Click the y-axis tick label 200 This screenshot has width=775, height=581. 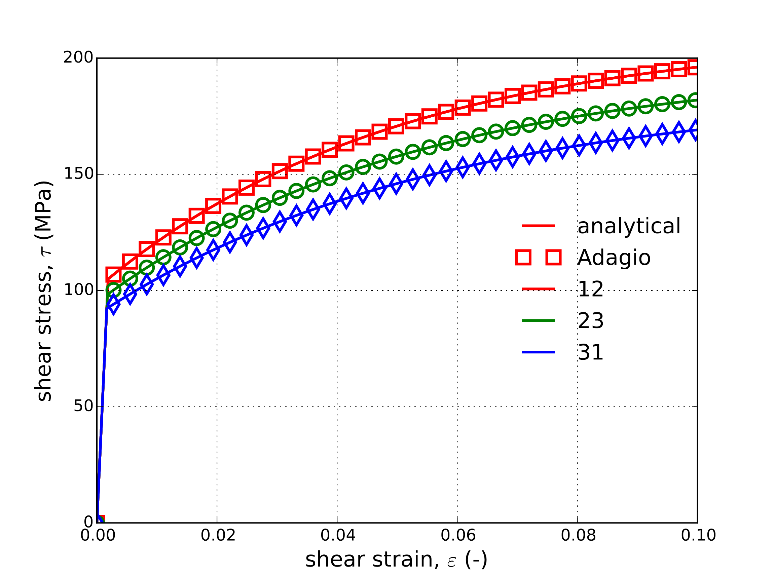(x=78, y=58)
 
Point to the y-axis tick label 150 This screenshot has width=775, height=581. (x=78, y=174)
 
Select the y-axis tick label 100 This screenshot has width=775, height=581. (x=78, y=290)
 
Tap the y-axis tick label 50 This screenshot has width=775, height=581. (x=83, y=406)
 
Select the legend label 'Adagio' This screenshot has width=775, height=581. (x=614, y=258)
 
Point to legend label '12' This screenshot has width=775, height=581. (x=591, y=289)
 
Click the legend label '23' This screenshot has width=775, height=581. (x=591, y=321)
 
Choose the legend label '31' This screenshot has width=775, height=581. (x=591, y=352)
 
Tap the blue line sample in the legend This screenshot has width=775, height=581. (x=539, y=352)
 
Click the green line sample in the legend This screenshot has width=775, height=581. (x=539, y=320)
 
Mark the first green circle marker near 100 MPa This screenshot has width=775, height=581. (x=113, y=290)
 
